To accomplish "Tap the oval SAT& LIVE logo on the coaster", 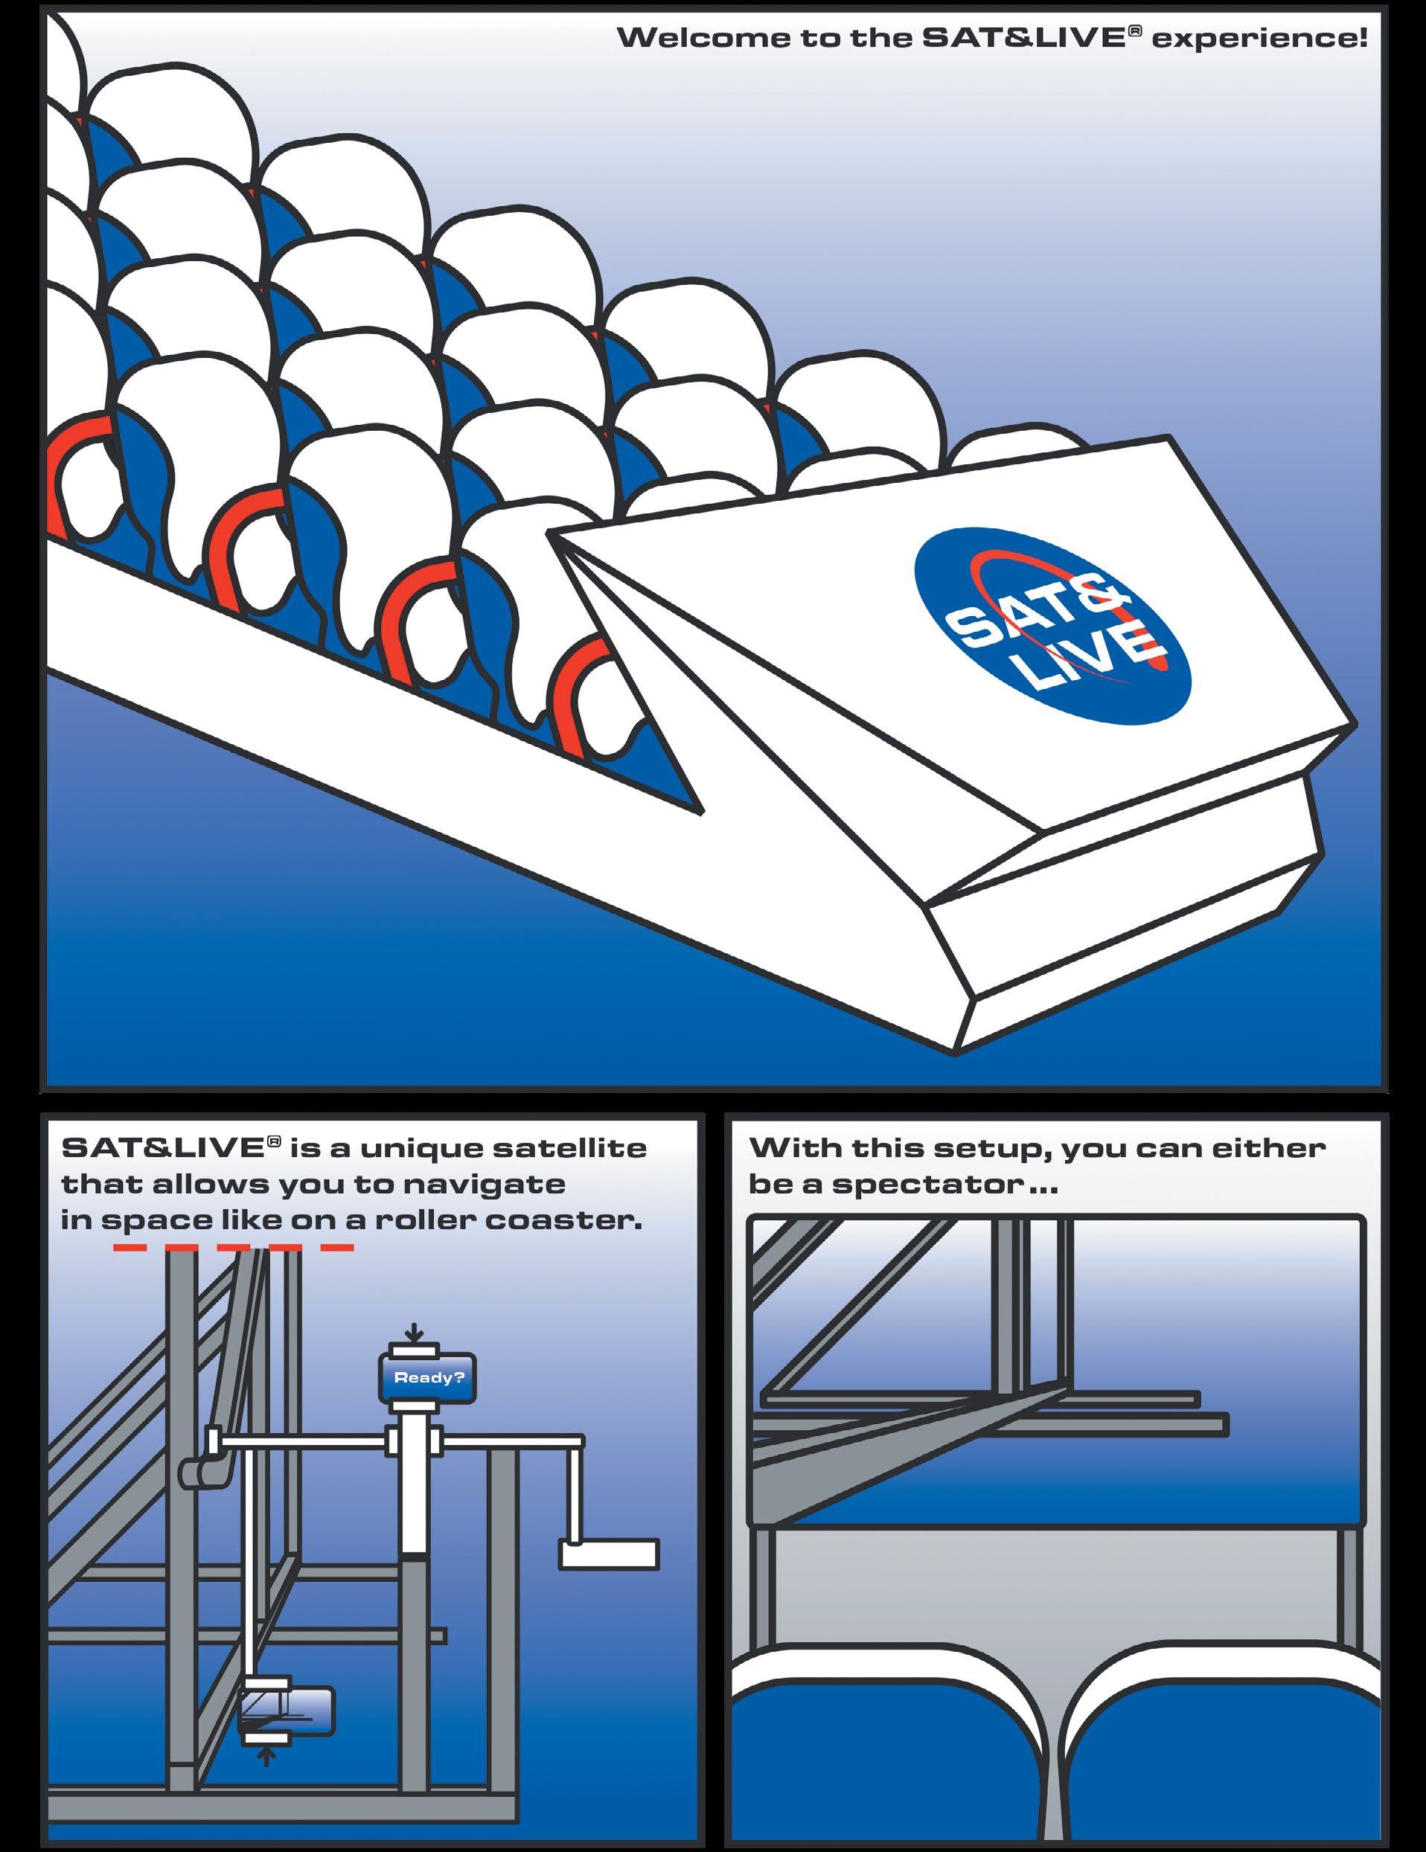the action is click(1052, 627).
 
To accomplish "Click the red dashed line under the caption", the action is click(233, 1247).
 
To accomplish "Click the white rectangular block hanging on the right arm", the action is click(609, 1554).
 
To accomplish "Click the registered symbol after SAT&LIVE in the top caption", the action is click(1129, 32).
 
